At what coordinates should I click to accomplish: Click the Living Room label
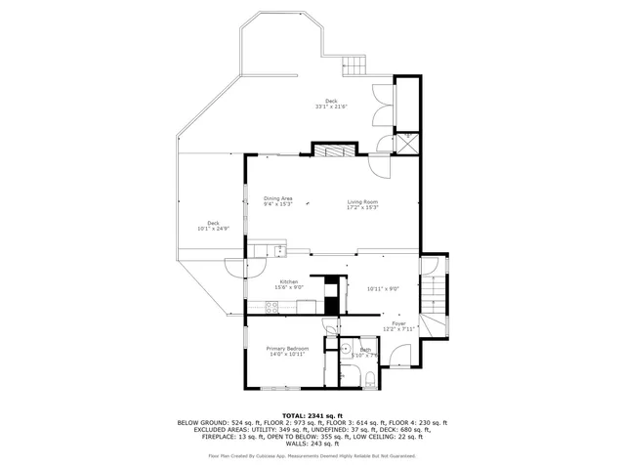click(361, 202)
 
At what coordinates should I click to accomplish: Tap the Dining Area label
click(278, 198)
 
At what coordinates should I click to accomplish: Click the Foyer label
click(398, 323)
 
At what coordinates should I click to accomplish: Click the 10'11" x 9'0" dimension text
click(384, 287)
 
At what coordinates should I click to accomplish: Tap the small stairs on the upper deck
click(354, 66)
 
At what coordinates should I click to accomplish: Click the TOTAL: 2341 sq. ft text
click(312, 415)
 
